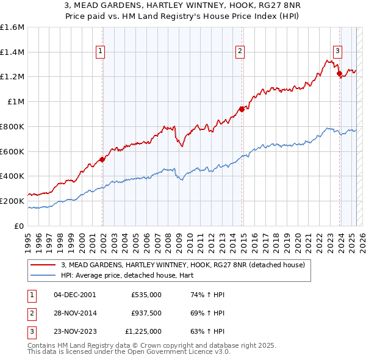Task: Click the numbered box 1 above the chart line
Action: (x=99, y=52)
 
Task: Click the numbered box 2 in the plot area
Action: (x=240, y=52)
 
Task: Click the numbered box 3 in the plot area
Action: (x=337, y=52)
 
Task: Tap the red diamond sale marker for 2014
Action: (x=242, y=109)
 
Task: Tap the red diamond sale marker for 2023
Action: (x=339, y=74)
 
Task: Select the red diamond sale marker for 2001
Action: (x=102, y=159)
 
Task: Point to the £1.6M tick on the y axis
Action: (x=12, y=27)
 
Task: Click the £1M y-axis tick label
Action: (x=16, y=102)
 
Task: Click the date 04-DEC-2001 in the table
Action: (x=74, y=295)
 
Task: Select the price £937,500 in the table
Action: (x=146, y=313)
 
